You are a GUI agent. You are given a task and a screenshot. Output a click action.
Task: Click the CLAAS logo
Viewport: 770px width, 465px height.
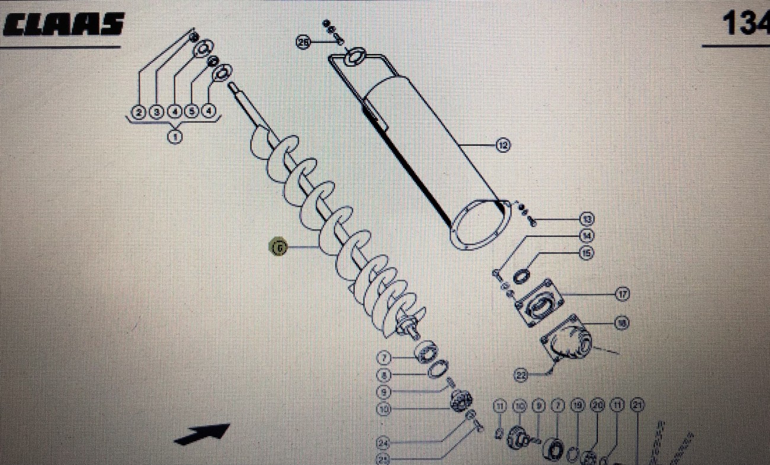[x=64, y=25]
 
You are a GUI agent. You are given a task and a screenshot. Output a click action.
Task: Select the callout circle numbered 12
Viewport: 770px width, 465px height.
[x=503, y=145]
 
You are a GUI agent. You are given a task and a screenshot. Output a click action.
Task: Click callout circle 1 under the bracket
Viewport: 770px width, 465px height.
[x=175, y=137]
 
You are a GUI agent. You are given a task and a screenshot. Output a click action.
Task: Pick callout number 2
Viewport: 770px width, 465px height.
[x=139, y=111]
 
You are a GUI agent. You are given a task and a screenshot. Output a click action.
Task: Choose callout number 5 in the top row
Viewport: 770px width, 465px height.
[x=191, y=111]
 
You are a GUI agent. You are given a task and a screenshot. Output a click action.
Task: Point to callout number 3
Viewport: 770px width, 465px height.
[x=156, y=111]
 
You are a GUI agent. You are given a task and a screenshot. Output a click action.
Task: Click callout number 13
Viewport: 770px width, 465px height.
[x=587, y=219]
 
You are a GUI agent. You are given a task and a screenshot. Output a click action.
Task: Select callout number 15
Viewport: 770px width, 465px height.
[x=586, y=253]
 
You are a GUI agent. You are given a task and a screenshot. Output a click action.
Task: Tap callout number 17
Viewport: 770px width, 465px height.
[x=622, y=293]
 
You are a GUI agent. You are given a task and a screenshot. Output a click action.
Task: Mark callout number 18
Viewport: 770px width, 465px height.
[x=622, y=323]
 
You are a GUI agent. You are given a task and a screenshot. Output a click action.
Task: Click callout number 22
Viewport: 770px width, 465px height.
[x=521, y=374]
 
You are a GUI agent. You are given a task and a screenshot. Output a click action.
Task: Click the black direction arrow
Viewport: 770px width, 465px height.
[x=201, y=434]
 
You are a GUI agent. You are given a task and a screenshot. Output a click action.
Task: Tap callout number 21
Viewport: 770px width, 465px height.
[x=637, y=405]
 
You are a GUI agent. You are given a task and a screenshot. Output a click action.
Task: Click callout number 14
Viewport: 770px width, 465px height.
[x=586, y=236]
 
